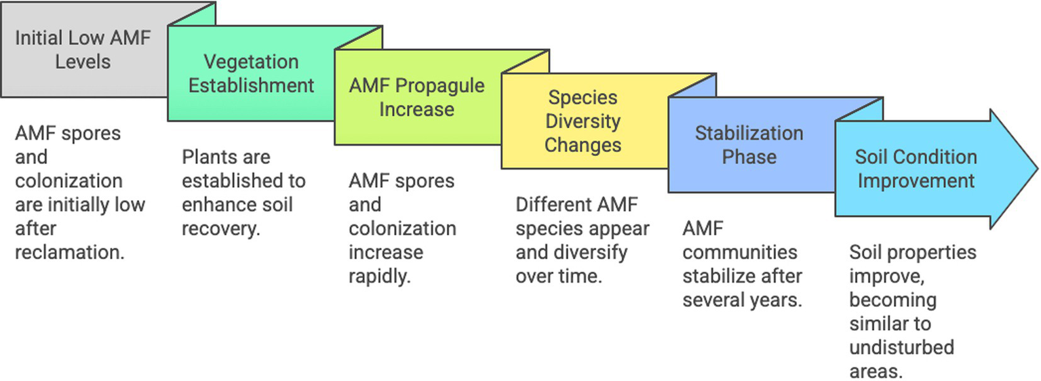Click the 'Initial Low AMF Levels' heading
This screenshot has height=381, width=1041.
[x=83, y=49]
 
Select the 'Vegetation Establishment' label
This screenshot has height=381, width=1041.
[x=251, y=73]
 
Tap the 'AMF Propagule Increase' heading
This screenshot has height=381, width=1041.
[x=416, y=98]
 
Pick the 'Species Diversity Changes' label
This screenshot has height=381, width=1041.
[x=583, y=121]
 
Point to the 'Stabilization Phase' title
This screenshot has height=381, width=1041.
[x=749, y=145]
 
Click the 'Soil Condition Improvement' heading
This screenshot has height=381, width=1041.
[x=916, y=169]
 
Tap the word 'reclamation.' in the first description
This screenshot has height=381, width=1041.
[x=70, y=252]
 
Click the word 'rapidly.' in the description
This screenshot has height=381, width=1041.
[x=380, y=277]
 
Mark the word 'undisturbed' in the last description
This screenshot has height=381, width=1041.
[x=901, y=348]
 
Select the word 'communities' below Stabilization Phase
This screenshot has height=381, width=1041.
[x=739, y=253]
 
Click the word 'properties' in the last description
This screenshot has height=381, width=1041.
[x=932, y=253]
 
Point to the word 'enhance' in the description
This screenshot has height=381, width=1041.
[x=216, y=205]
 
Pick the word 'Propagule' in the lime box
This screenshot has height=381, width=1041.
[x=440, y=86]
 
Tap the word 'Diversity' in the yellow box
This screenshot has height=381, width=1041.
[x=583, y=121]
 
